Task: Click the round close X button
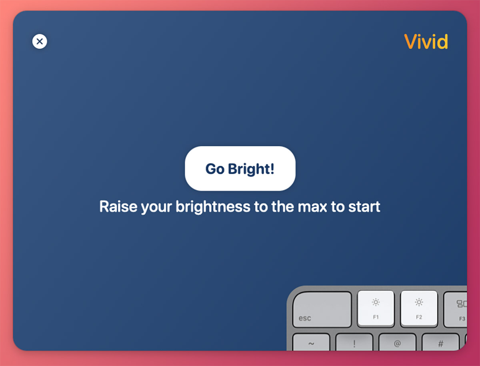coord(40,41)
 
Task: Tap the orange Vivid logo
coord(426,42)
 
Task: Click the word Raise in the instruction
coord(118,206)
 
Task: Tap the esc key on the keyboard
coord(322,310)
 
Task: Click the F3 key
coord(456,310)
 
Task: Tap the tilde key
coord(311,342)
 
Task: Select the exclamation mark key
coord(354,342)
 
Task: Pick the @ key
coord(397,342)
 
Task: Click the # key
coord(440,342)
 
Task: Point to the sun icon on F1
coord(376,302)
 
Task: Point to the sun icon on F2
coord(419,302)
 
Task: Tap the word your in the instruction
coord(156,207)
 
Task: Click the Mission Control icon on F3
coord(462,304)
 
